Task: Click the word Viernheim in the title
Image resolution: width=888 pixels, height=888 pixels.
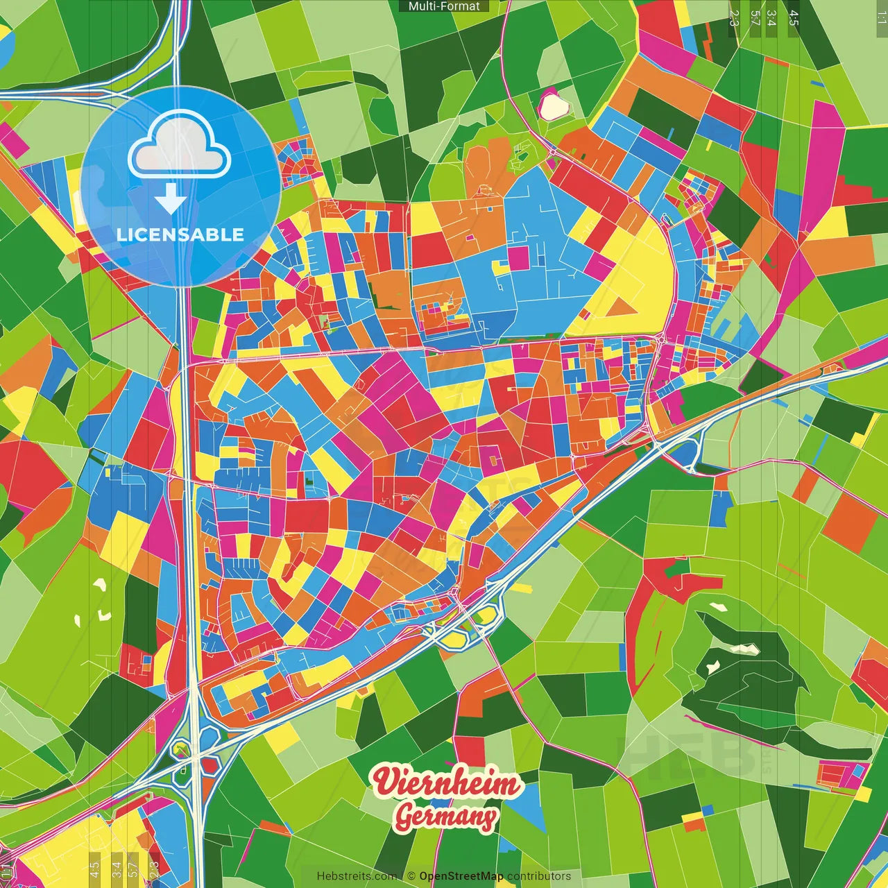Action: coord(446,783)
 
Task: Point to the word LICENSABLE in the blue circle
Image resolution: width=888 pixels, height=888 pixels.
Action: coord(180,234)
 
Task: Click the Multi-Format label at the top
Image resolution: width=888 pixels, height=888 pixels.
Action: coord(444,6)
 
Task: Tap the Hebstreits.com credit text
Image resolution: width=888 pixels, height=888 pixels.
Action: coord(357,876)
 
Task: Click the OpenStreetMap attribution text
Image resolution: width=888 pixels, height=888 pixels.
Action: coord(461,876)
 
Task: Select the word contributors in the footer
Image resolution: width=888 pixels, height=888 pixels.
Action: coord(539,876)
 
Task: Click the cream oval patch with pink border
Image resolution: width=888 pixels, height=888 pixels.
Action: coord(554,106)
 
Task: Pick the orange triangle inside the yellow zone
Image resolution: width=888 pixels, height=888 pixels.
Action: coord(624,306)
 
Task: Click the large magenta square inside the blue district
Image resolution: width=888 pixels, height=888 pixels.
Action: coord(518,257)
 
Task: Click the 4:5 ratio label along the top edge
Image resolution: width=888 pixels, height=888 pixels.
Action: coord(793,18)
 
